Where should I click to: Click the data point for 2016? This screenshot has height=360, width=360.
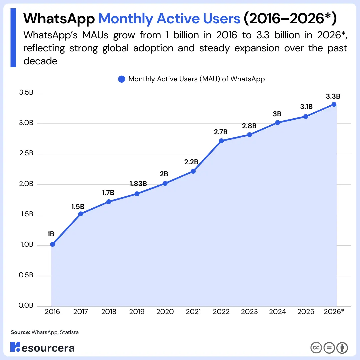(52, 244)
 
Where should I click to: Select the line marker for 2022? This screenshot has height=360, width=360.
(221, 141)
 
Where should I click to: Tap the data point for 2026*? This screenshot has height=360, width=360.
(334, 104)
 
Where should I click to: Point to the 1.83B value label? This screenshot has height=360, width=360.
(138, 184)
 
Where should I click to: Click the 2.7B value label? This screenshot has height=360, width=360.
(221, 132)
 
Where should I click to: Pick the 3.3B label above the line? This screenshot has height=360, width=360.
(333, 96)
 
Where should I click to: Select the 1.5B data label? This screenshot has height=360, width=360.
(78, 207)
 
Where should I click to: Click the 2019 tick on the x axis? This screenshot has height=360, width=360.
(137, 312)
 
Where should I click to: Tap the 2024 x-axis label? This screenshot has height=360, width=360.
(277, 312)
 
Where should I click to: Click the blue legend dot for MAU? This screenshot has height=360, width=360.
(122, 79)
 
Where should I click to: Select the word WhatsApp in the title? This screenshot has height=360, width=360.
(59, 19)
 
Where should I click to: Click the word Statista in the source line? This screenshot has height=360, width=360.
(70, 332)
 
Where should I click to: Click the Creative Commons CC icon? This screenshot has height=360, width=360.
(316, 348)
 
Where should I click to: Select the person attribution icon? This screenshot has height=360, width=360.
(342, 348)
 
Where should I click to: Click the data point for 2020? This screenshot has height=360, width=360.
(165, 183)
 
